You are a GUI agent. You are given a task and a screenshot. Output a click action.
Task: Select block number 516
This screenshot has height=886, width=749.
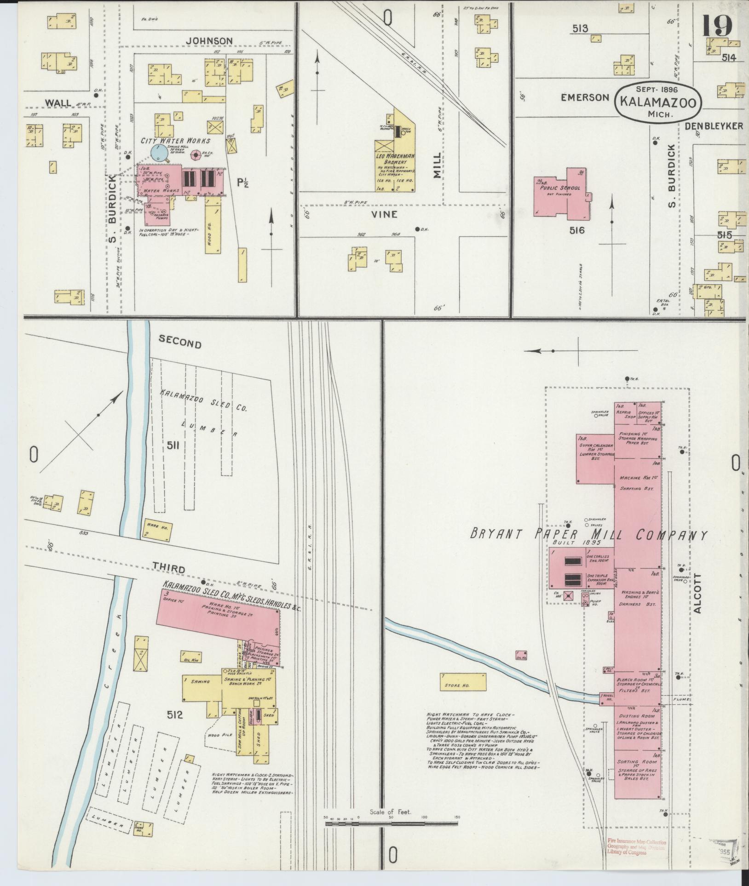point(576,230)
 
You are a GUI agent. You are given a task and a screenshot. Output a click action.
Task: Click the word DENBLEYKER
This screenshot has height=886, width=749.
point(714,126)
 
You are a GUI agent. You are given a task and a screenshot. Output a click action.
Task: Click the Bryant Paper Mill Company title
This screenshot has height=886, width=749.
point(588,535)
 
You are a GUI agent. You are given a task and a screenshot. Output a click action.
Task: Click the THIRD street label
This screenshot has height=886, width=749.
point(169,569)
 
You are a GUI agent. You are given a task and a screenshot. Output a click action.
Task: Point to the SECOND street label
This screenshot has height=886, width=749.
point(180,344)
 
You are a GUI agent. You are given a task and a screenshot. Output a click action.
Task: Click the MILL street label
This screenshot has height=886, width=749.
point(437,166)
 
